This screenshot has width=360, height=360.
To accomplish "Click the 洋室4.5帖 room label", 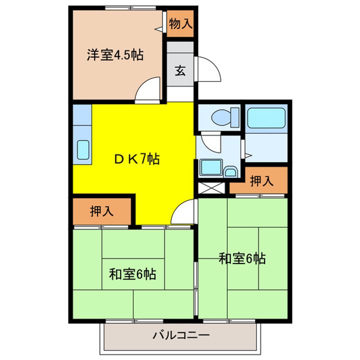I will [115, 55].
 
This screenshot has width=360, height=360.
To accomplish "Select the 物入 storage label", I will [180, 23].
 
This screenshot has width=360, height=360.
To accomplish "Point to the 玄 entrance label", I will [180, 70].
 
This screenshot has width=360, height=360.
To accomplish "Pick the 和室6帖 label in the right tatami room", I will [242, 258].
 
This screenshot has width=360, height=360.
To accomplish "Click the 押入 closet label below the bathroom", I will [261, 181].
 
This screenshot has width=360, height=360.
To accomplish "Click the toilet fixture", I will [222, 118].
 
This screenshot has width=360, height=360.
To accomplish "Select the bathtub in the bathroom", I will [266, 118].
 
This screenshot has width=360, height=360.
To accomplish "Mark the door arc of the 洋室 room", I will [149, 90].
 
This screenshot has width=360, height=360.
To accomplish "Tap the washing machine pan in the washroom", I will [210, 167].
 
